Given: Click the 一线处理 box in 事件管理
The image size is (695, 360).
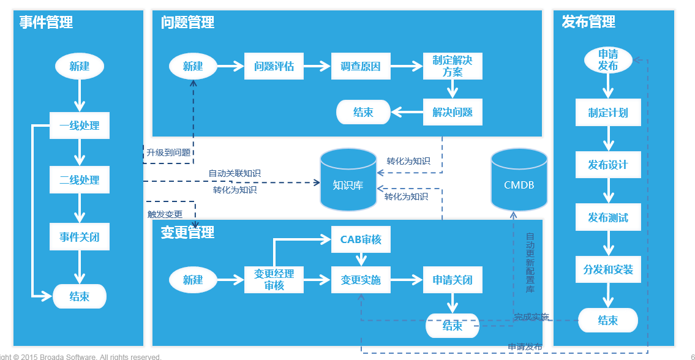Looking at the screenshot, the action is (x=80, y=126).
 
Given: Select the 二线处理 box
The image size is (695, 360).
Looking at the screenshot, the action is (x=80, y=179).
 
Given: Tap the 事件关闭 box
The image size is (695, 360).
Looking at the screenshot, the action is (x=80, y=237).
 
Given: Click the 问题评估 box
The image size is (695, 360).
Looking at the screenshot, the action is (x=274, y=67).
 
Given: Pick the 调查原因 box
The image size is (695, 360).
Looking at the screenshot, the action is (x=361, y=67).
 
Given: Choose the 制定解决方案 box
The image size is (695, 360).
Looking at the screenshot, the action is (x=453, y=67).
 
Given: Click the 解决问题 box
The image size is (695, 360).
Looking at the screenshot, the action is (x=453, y=112).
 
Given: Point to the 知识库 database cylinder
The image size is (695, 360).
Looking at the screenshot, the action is (x=348, y=179).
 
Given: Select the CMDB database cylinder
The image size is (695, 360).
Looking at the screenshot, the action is (x=519, y=179).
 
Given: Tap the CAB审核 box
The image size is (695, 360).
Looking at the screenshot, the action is (x=361, y=239).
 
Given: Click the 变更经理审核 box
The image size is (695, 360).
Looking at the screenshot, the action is (x=274, y=280).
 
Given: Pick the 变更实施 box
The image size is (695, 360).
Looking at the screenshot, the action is (x=361, y=280).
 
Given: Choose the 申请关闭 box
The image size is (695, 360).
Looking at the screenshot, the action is (x=453, y=280).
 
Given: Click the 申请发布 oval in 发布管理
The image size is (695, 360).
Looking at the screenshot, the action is (x=608, y=60).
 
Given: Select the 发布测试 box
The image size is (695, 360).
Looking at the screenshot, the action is (x=608, y=217).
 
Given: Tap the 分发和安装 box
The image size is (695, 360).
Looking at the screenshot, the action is (x=608, y=269).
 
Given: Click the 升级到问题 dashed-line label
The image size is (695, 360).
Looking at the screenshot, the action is (x=168, y=153).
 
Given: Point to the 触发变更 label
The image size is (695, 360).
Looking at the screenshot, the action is (x=165, y=214).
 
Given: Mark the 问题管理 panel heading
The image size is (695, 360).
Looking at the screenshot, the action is (x=187, y=22).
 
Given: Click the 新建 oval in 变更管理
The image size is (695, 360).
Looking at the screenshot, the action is (x=193, y=280).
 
